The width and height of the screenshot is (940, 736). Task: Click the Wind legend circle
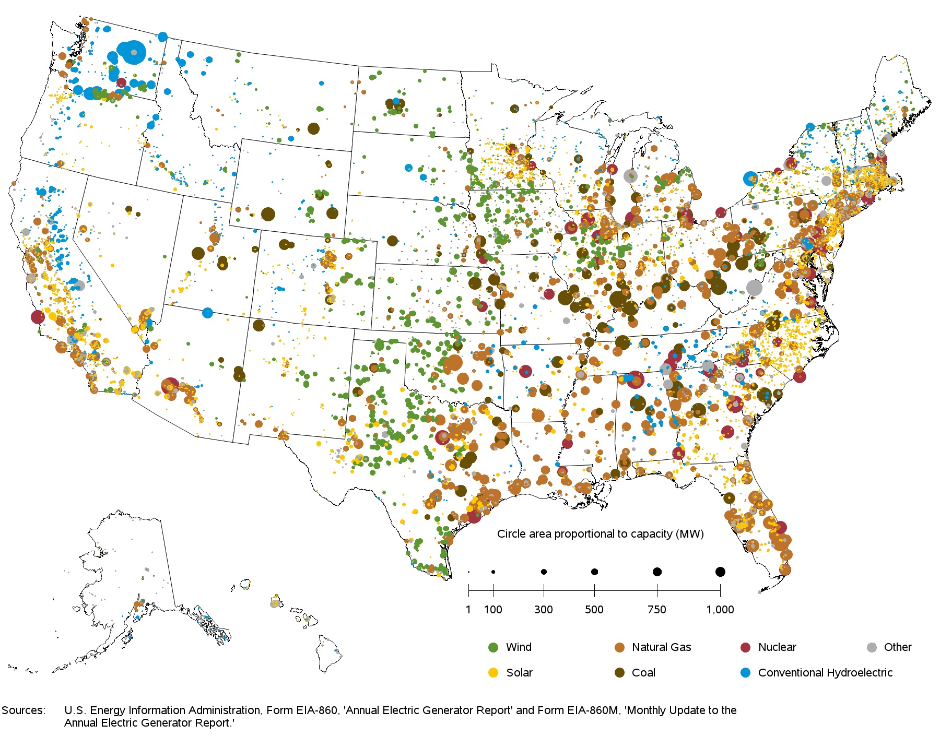(493, 647)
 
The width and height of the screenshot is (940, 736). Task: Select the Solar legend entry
(493, 673)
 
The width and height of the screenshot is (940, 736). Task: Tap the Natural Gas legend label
(661, 647)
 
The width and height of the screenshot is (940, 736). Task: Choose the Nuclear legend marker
(746, 647)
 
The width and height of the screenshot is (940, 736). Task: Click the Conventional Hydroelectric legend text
(825, 673)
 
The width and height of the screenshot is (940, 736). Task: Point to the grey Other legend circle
(872, 647)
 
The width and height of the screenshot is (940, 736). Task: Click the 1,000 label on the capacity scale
(720, 610)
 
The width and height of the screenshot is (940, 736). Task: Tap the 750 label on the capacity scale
(656, 610)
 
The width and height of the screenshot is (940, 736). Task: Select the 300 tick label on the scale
(544, 610)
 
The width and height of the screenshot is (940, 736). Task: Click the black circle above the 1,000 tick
(720, 572)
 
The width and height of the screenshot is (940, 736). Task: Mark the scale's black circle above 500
(594, 572)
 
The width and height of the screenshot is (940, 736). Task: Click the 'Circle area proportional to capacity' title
(600, 534)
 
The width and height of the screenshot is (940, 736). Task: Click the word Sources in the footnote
(23, 710)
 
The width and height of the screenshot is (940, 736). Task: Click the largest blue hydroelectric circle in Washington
(132, 52)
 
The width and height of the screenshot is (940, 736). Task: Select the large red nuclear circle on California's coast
(38, 316)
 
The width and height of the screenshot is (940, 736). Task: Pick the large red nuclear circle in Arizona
(170, 386)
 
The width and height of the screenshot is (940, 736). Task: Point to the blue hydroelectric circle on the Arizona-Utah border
(207, 313)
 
